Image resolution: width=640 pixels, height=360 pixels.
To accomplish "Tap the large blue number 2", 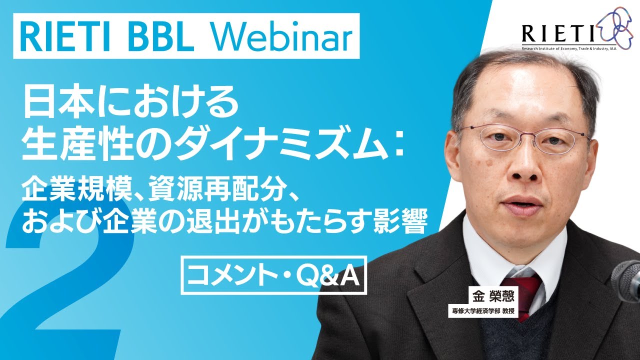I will pyautogui.click(x=75, y=280).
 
